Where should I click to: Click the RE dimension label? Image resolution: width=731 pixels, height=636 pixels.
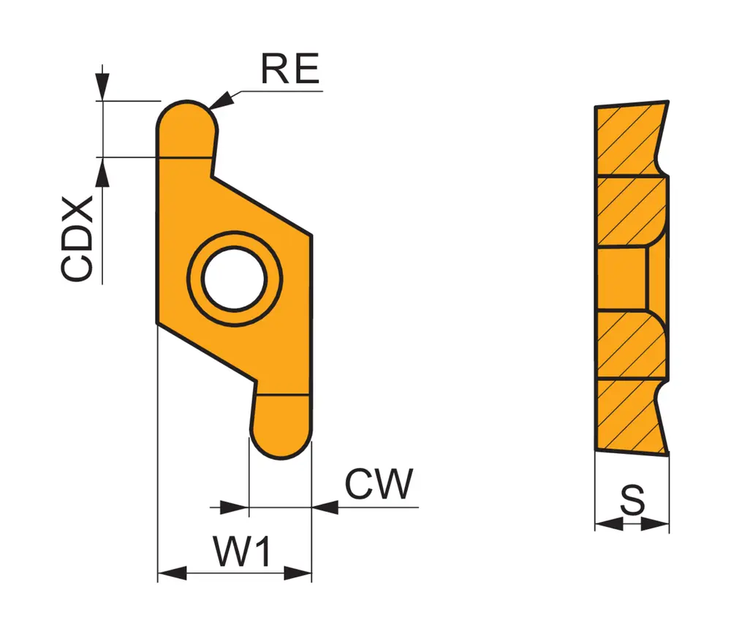point(290,70)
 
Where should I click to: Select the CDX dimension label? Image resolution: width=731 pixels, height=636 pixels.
point(77,238)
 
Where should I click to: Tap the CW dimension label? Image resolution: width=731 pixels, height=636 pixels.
point(379,484)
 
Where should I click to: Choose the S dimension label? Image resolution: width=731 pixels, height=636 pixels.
point(632,501)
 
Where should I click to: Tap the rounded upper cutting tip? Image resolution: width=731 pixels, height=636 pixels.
point(186,128)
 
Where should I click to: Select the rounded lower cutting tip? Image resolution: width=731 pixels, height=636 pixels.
point(281,428)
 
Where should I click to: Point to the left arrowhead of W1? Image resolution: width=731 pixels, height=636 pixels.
point(171,573)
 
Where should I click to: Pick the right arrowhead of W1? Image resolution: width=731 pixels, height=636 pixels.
point(298,573)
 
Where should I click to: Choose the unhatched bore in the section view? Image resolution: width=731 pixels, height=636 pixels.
point(622,280)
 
